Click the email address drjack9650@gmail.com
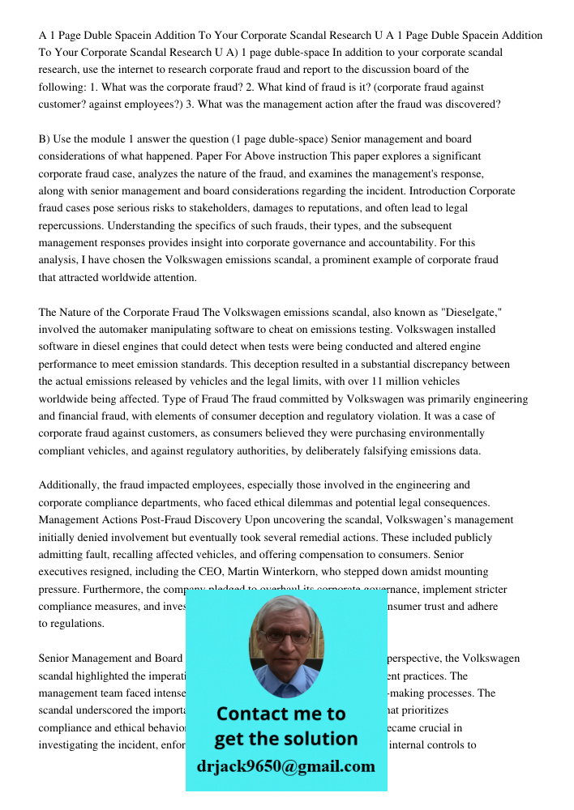click(x=285, y=766)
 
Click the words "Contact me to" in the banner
click(x=281, y=714)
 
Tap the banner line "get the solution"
click(x=285, y=739)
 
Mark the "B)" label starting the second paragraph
click(x=45, y=139)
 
